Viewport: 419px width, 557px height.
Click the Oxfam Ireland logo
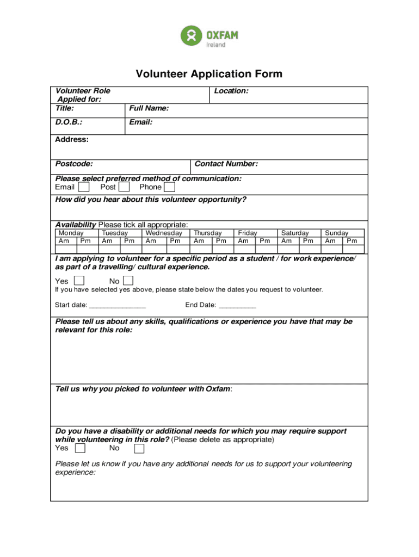(209, 36)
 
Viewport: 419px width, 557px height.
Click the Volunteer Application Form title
(209, 74)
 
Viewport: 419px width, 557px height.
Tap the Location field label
(231, 91)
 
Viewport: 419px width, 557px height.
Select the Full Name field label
(149, 108)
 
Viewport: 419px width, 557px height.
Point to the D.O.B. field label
(69, 122)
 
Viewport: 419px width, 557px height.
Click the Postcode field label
(73, 164)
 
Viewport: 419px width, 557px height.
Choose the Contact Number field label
(226, 164)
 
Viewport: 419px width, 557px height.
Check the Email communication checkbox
(84, 187)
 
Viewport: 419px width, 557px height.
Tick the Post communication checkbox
(124, 187)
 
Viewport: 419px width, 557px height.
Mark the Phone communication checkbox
(170, 187)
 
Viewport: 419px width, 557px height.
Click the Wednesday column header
(164, 233)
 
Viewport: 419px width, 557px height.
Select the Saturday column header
(294, 233)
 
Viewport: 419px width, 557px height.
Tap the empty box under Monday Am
(64, 249)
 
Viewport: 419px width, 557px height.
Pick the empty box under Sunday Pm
(352, 249)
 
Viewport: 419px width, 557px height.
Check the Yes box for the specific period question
(79, 281)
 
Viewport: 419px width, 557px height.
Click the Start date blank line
(118, 306)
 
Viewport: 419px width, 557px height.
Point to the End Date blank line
(237, 306)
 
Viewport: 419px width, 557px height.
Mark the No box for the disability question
(139, 448)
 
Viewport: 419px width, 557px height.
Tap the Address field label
(72, 139)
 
